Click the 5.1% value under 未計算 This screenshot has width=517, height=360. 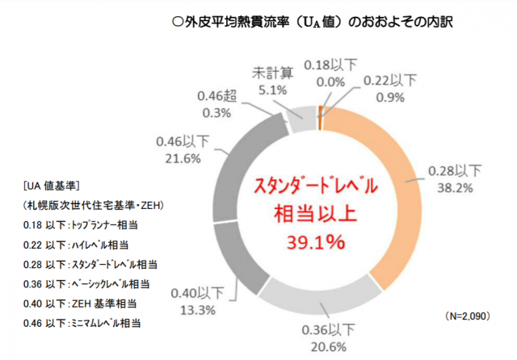pyautogui.click(x=269, y=90)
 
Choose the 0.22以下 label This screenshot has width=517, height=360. pyautogui.click(x=389, y=80)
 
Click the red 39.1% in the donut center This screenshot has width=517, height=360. pyautogui.click(x=321, y=241)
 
